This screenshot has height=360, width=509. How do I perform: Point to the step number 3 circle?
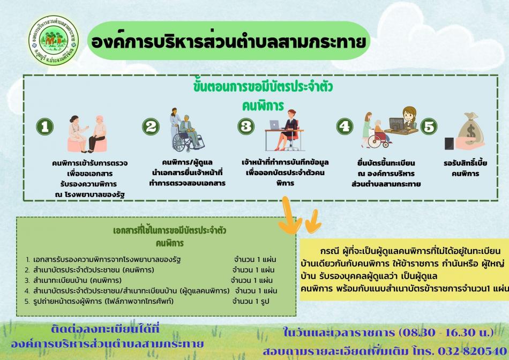click(x=246, y=126)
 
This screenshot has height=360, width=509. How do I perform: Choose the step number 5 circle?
click(x=428, y=126)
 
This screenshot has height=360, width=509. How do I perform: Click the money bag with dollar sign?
click(x=468, y=132)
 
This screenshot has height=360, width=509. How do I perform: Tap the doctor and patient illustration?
click(x=88, y=134)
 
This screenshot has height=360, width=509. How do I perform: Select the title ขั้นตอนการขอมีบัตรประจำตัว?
click(x=263, y=87)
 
